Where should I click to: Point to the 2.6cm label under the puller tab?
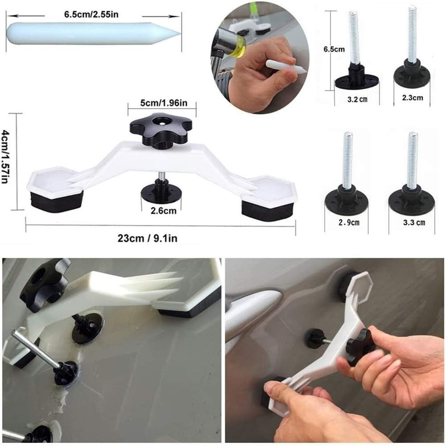164,211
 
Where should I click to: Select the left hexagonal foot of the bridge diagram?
54,190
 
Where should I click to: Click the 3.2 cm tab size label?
356,99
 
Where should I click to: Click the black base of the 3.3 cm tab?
411,200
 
